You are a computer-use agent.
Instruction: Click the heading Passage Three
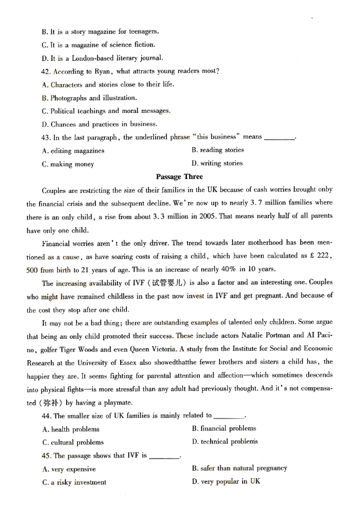179,177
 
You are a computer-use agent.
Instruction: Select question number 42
47,72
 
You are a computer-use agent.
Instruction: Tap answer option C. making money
68,164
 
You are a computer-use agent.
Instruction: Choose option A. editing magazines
73,151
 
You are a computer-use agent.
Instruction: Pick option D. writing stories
217,163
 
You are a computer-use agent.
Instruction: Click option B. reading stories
217,150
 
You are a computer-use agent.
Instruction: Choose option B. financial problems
224,429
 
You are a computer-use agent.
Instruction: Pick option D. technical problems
225,442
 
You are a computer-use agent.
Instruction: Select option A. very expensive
69,469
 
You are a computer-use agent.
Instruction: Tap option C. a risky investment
74,482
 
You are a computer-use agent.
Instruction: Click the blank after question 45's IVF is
164,456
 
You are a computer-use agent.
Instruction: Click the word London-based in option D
93,58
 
